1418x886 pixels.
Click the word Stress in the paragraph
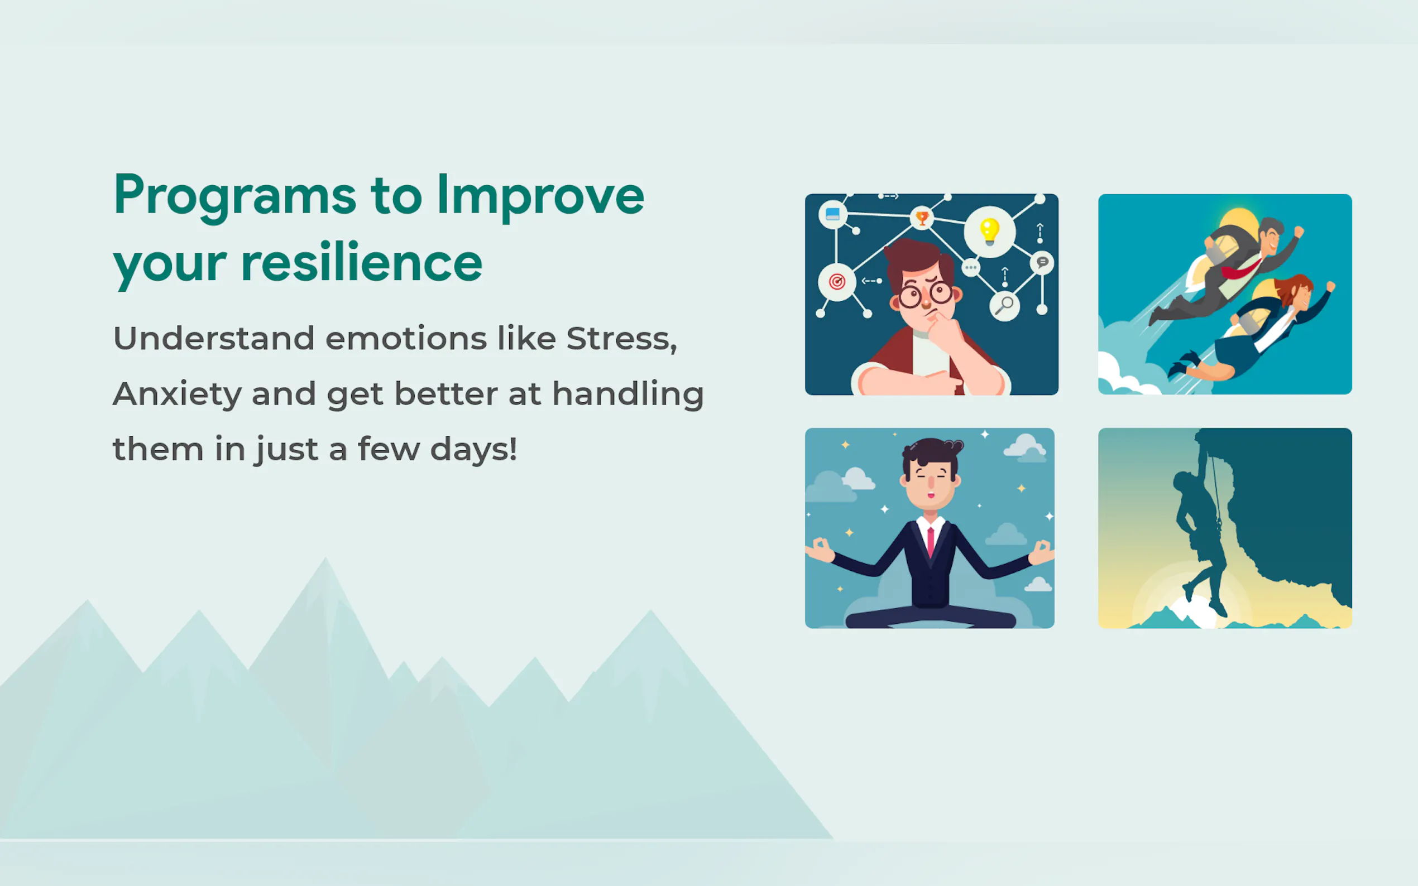click(x=621, y=339)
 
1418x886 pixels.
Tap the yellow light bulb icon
click(x=989, y=232)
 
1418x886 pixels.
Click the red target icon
click(x=837, y=282)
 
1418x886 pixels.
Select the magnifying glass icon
click(x=1004, y=305)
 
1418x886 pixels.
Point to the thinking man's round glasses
click(x=926, y=295)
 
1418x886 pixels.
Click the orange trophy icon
click(x=922, y=219)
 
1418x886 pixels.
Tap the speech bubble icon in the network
click(x=1042, y=263)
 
